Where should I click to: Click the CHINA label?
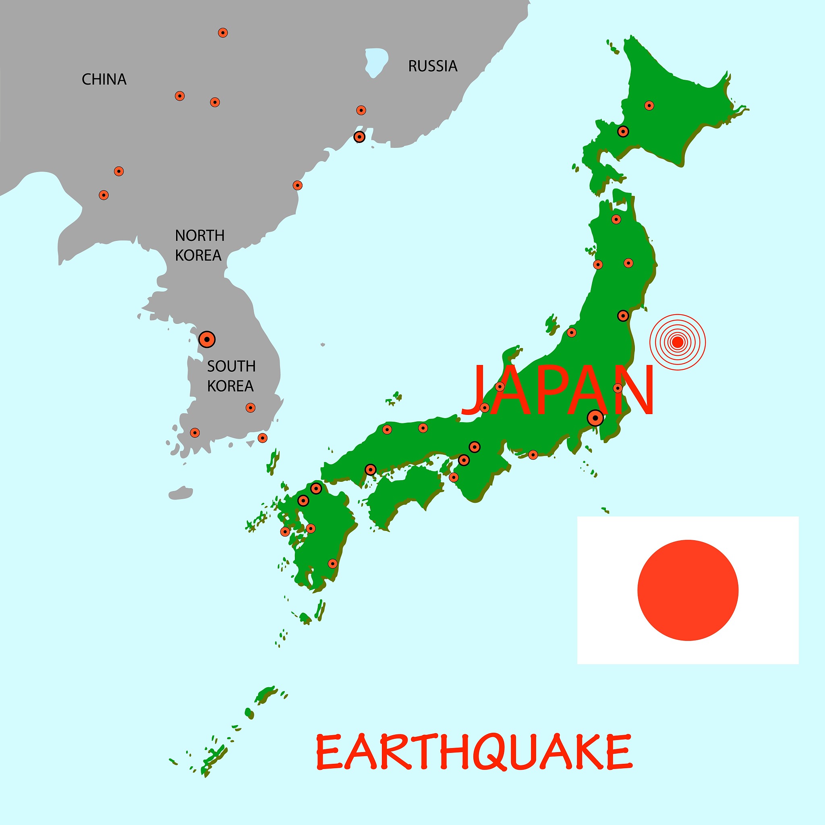[104, 79]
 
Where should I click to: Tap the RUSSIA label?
[433, 66]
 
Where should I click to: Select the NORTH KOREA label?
[199, 245]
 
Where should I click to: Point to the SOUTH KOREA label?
[230, 376]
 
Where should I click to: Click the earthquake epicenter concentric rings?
[677, 342]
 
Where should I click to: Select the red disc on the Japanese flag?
[688, 590]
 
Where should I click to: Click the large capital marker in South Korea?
[207, 340]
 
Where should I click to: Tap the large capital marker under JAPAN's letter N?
[595, 418]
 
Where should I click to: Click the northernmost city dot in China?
[222, 33]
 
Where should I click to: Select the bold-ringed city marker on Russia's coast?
[360, 137]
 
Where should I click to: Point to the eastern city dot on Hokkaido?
[649, 106]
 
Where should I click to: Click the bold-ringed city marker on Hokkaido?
[624, 131]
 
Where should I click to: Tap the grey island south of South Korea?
[180, 493]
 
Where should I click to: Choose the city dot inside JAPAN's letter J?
[484, 407]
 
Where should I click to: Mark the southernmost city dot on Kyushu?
[333, 564]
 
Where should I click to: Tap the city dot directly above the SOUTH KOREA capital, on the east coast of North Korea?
[297, 185]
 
